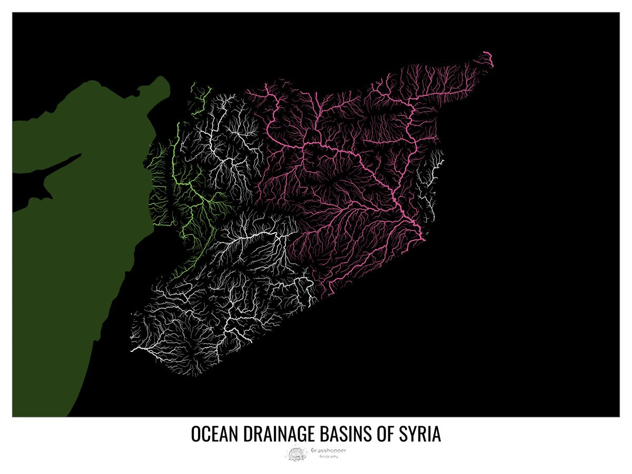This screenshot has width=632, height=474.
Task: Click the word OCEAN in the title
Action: click(214, 434)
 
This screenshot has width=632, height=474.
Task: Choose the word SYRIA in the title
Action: click(421, 434)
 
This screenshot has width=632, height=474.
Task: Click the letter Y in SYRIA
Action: click(413, 434)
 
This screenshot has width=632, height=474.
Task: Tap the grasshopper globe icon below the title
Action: click(296, 453)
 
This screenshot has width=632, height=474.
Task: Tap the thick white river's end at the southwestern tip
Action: click(132, 350)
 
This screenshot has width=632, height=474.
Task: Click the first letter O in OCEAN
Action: click(195, 434)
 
